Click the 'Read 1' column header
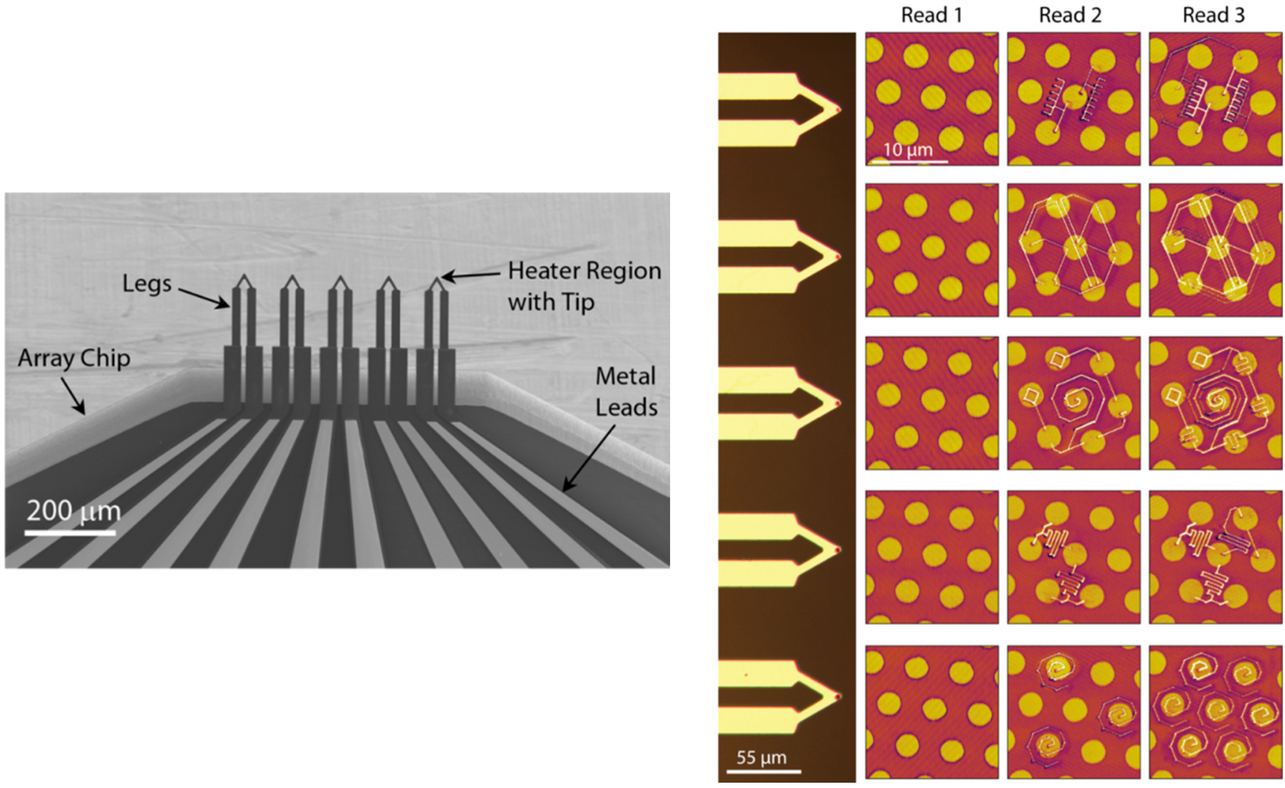pos(932,15)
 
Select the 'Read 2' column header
pos(1070,15)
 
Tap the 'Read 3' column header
pos(1213,15)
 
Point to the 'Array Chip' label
pos(74,358)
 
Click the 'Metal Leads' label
pos(626,392)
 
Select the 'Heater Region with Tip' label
pos(584,286)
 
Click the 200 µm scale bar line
pos(70,533)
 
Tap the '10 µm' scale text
pos(908,150)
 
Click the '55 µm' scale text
pos(762,757)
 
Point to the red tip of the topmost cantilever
pos(838,110)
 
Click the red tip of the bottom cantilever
pos(838,696)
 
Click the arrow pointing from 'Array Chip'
pos(73,396)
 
